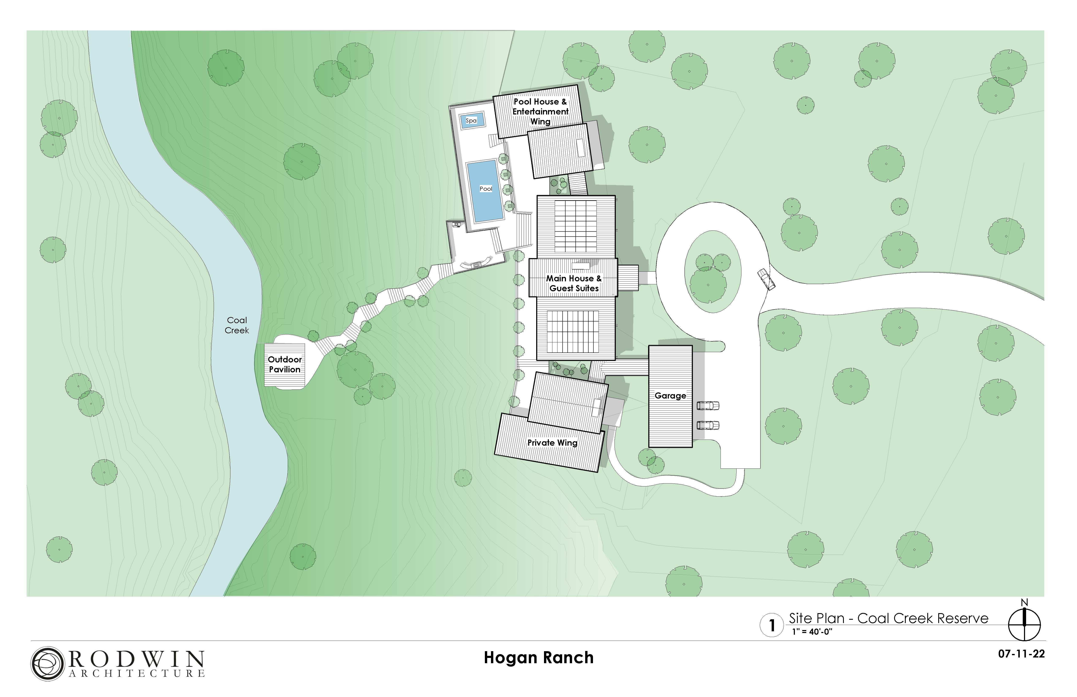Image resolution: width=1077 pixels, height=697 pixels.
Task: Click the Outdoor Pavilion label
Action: click(285, 364)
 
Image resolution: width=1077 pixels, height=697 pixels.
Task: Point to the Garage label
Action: click(670, 396)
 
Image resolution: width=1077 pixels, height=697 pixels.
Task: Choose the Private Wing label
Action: click(552, 443)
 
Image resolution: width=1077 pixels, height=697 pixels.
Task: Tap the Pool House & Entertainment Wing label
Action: click(540, 111)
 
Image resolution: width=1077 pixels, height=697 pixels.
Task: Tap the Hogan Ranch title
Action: click(538, 658)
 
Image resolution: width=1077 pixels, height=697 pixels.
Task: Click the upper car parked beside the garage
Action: click(708, 406)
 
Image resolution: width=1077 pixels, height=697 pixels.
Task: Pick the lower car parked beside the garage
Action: click(708, 425)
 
